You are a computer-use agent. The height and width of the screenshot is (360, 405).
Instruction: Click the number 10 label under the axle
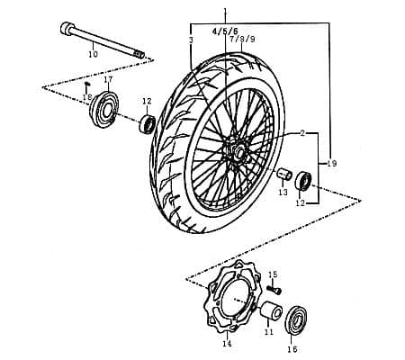(92, 55)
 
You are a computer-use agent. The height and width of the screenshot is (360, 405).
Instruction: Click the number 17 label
(108, 80)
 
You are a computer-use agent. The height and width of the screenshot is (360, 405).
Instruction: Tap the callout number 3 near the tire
(192, 40)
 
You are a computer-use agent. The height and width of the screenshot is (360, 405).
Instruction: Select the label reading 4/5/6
(224, 31)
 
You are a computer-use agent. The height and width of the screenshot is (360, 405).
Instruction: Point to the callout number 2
(302, 133)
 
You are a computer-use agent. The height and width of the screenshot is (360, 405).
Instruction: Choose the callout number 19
(332, 164)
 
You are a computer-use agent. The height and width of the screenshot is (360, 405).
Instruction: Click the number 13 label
(282, 192)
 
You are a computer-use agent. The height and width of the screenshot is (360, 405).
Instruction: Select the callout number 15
(273, 274)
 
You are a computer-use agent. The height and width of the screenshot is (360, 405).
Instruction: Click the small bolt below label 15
(276, 290)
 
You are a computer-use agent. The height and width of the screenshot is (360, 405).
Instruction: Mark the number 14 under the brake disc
(226, 343)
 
